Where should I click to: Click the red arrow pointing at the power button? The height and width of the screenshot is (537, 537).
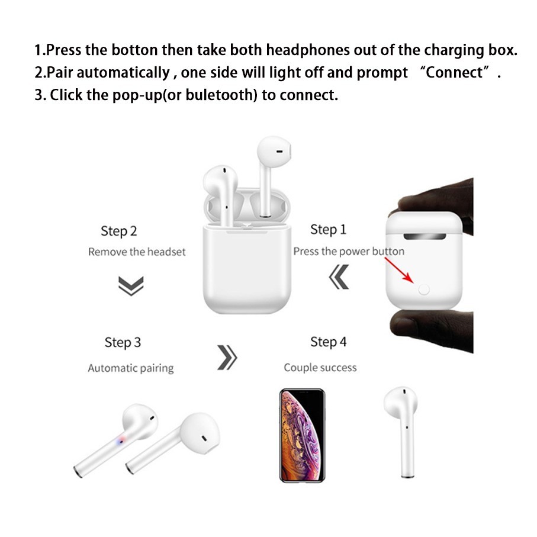click(x=399, y=270)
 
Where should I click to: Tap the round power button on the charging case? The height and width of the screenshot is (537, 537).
click(x=424, y=290)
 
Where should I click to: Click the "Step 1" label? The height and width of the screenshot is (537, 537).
click(x=328, y=230)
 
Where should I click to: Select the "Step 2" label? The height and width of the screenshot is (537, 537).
click(x=119, y=231)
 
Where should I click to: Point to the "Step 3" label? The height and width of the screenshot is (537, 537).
click(x=123, y=342)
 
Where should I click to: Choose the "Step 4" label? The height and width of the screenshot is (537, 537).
click(x=328, y=342)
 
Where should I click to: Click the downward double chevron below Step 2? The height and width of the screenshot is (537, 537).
click(x=131, y=285)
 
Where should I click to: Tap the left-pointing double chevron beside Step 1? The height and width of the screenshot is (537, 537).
click(x=339, y=276)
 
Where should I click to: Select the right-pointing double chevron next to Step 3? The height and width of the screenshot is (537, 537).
click(x=227, y=358)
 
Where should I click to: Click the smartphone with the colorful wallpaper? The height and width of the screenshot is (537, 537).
click(x=302, y=435)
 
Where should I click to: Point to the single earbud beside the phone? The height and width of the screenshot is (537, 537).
click(x=401, y=432)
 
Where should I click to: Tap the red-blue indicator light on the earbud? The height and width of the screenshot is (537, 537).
click(x=121, y=442)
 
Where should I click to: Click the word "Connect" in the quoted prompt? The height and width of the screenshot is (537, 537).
click(x=454, y=72)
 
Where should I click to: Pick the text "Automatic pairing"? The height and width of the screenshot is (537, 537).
click(x=131, y=368)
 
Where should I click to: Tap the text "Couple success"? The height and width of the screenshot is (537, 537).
click(x=320, y=368)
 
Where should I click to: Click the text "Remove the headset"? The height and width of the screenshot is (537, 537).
click(x=137, y=252)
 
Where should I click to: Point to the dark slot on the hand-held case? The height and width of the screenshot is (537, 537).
click(x=425, y=237)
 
